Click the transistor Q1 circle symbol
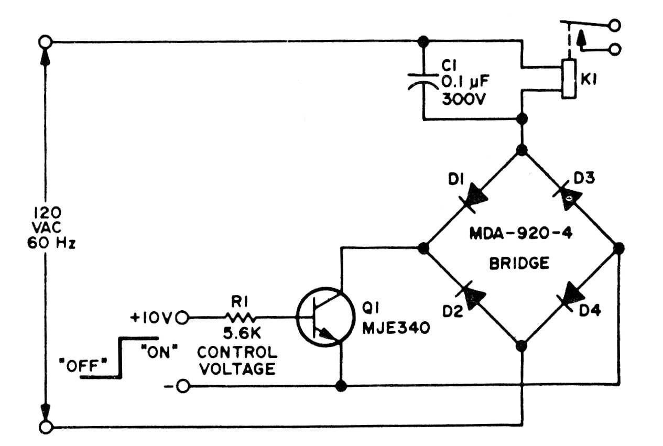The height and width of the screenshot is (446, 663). coord(325,317)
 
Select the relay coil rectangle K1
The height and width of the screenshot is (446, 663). coord(569,79)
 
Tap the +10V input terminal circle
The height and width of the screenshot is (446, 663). coord(182,318)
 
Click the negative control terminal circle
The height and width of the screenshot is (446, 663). coord(182,386)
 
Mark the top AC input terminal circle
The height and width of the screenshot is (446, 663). coord(46,42)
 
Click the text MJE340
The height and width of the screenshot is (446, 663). coord(396,328)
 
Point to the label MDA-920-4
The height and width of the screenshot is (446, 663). coord(521,234)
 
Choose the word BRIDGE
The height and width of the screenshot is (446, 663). coord(519,263)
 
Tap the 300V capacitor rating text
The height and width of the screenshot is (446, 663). coord(464,99)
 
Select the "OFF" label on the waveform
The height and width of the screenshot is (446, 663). coord(83,366)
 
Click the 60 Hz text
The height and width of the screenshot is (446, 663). coord(51,243)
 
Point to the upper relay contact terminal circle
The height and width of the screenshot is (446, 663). coord(615,25)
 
